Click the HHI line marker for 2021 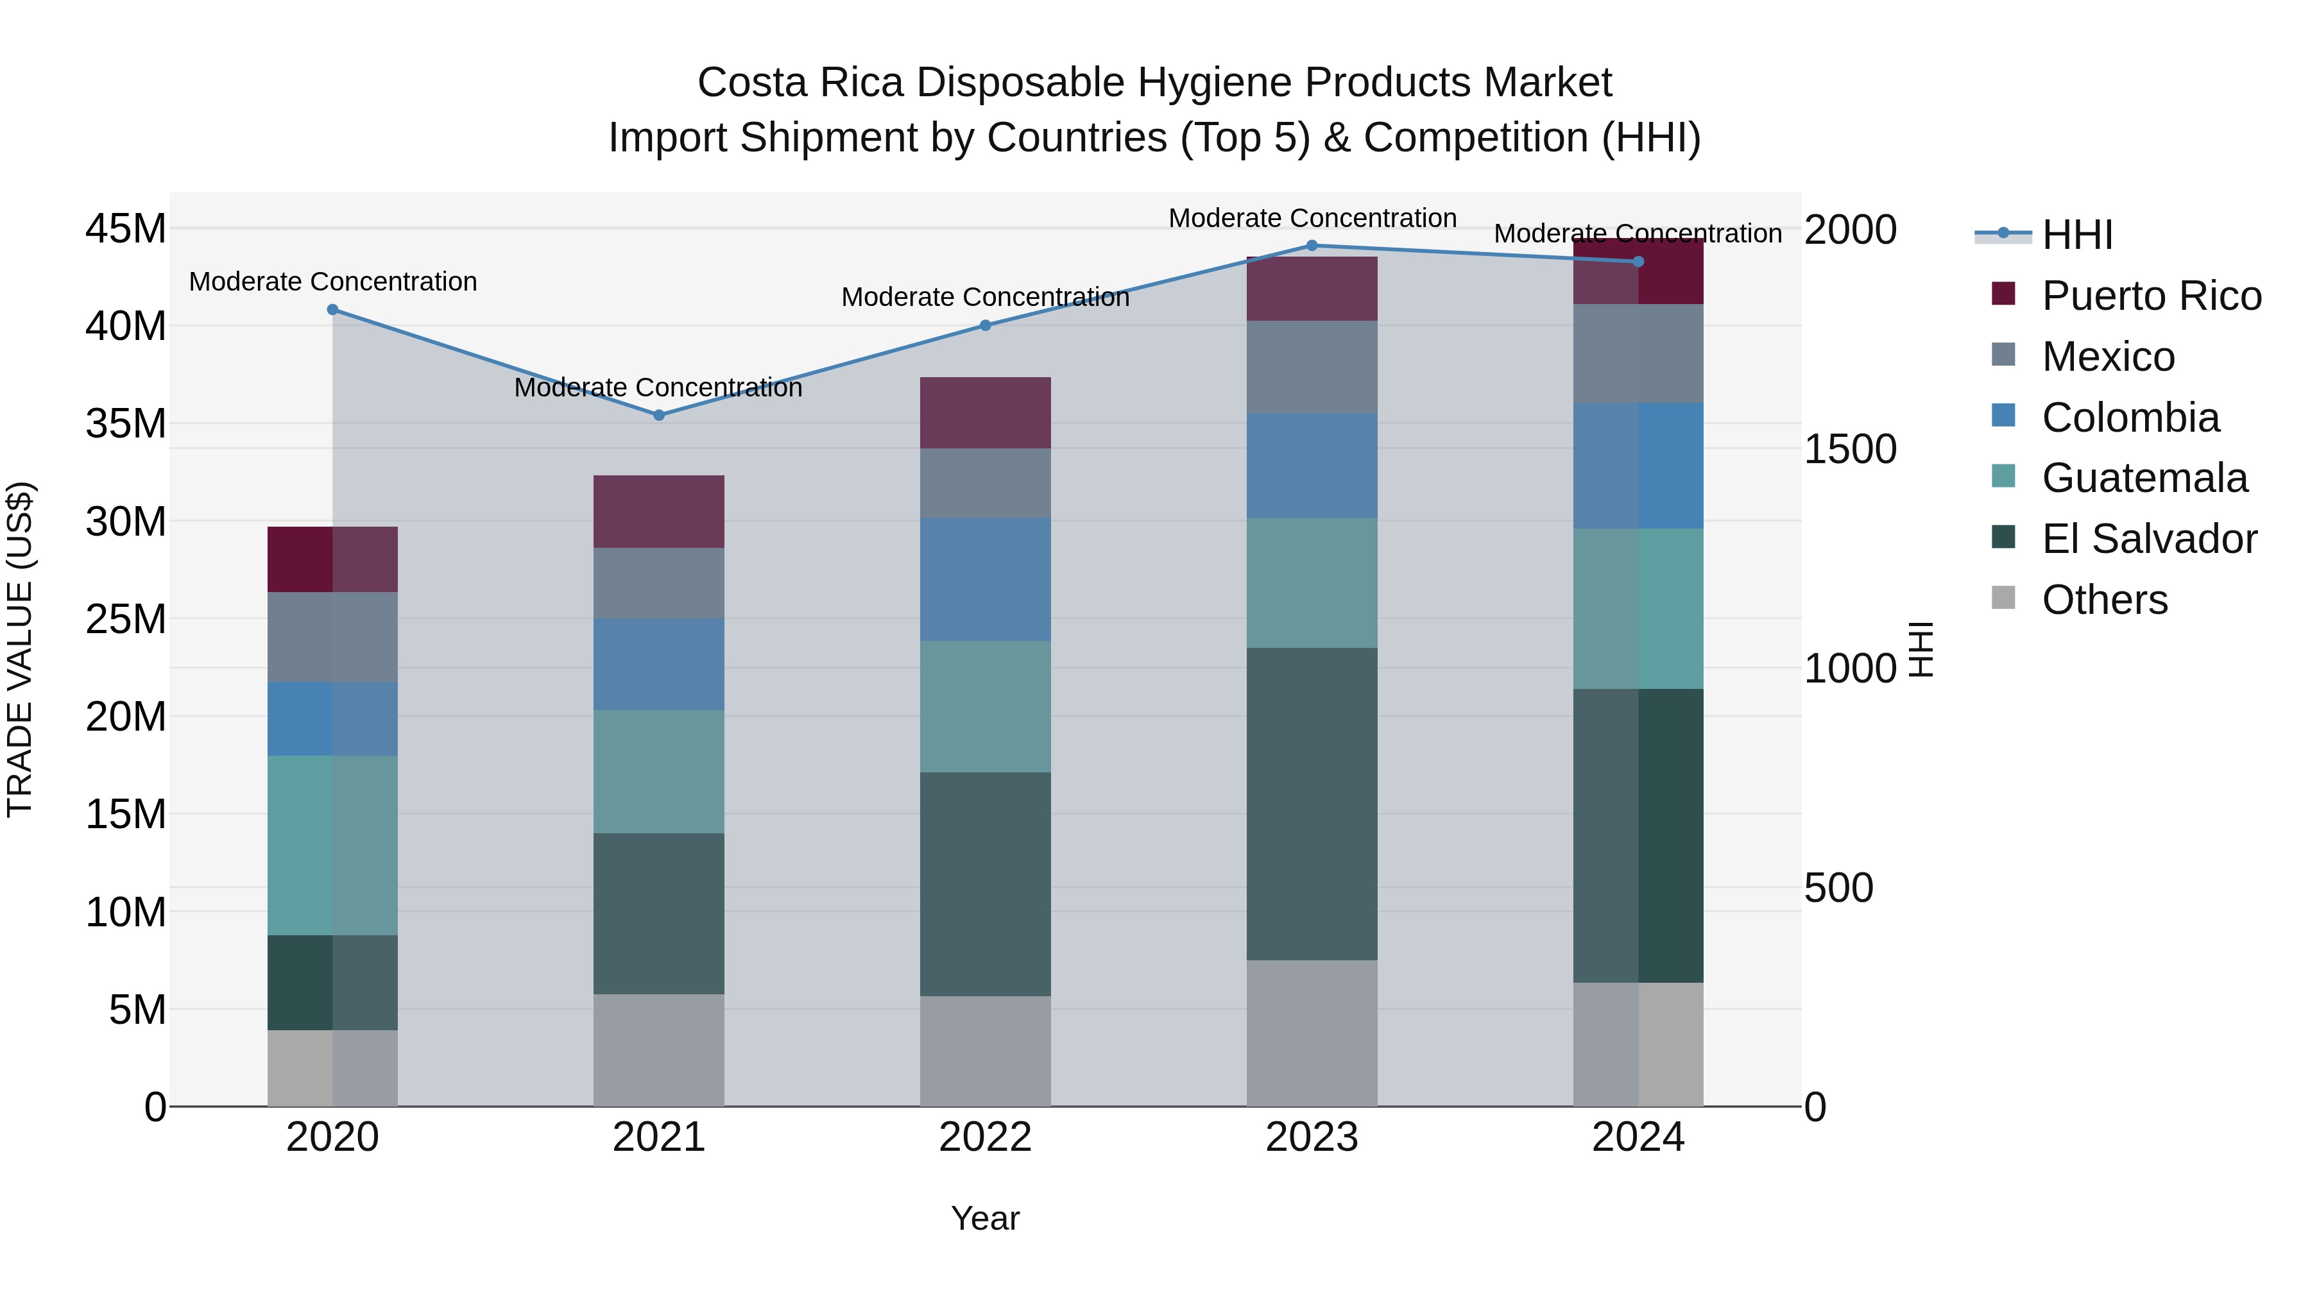click(659, 415)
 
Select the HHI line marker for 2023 click(1312, 246)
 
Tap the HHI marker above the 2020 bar click(332, 309)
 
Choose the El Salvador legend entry click(2148, 539)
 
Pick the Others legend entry click(2104, 600)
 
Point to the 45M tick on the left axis click(126, 228)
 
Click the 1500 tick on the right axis click(1849, 449)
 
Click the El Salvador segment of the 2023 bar click(1312, 804)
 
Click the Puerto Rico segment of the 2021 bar click(659, 512)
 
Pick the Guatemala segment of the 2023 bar click(1312, 582)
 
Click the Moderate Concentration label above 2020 click(332, 282)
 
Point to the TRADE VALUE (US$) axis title click(20, 649)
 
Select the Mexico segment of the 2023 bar click(1312, 368)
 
